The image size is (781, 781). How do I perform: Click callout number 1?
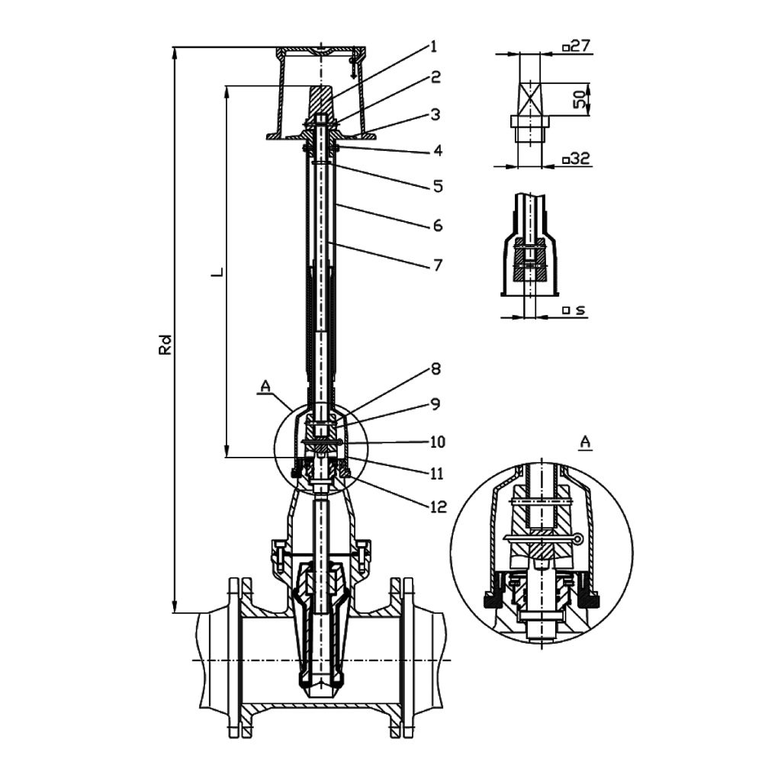[x=433, y=47]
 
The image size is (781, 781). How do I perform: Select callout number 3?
[x=435, y=115]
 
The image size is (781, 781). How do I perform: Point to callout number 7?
[x=436, y=265]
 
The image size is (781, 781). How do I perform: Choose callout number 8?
[x=435, y=369]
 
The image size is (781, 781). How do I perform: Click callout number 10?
[x=436, y=442]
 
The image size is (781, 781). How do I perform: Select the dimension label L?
[x=217, y=271]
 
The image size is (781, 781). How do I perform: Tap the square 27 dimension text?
[x=577, y=47]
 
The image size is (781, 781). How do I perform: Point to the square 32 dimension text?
[x=577, y=159]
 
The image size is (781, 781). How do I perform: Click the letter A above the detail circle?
[x=586, y=442]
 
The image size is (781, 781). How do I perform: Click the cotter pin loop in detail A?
[x=579, y=539]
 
